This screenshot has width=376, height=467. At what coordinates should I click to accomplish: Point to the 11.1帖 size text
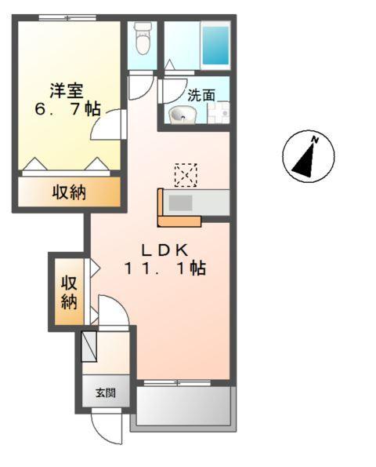[164, 269]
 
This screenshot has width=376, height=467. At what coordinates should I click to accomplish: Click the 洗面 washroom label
[201, 96]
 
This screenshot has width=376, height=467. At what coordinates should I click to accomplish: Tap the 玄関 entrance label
[106, 392]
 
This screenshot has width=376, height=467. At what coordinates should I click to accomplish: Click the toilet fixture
[142, 39]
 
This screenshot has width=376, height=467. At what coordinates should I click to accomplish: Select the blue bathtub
[215, 46]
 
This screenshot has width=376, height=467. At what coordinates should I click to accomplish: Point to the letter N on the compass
[314, 140]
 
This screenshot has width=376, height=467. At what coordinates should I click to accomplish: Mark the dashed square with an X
[186, 175]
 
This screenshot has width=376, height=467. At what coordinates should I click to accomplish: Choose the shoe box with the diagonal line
[89, 346]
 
